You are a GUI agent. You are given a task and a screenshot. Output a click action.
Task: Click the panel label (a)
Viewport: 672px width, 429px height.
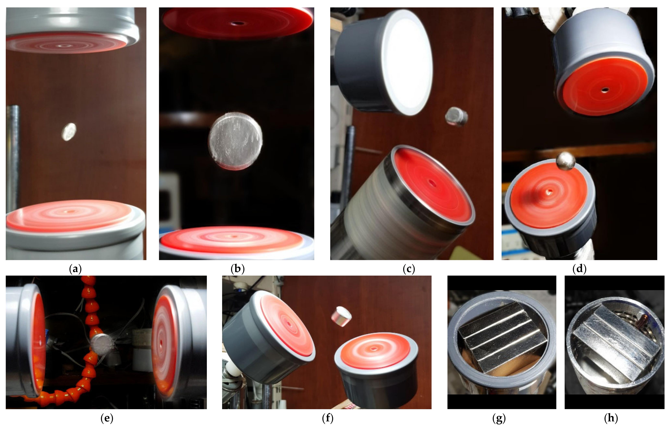tap(75, 269)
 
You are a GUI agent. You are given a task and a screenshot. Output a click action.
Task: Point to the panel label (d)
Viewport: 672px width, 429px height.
tap(579, 269)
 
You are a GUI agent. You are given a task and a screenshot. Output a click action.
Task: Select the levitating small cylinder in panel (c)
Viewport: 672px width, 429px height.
tap(456, 116)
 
